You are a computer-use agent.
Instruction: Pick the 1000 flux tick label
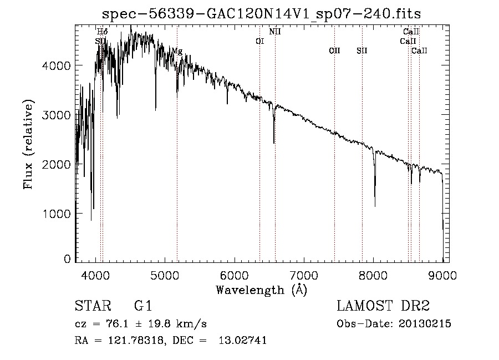pos(57,214)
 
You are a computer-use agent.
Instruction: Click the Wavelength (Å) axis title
pos(261,290)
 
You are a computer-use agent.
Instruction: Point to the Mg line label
pos(177,51)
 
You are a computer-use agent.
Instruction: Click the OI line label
pos(259,41)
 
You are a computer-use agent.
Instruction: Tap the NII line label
pos(275,32)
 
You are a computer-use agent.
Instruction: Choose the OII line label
pos(334,50)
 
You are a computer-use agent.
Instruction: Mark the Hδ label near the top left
pos(102,32)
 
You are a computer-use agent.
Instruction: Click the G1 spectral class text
pos(143,306)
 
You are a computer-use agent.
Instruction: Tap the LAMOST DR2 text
pos(383,306)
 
